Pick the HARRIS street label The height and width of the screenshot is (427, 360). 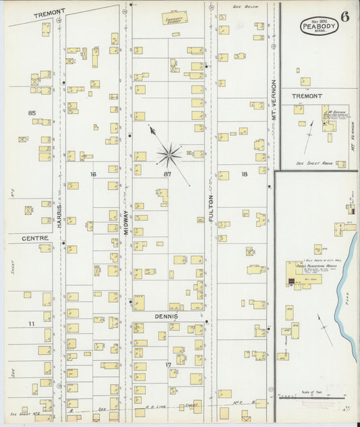click(x=60, y=216)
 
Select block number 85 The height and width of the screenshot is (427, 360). click(x=31, y=112)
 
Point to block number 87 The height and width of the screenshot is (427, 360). click(x=168, y=174)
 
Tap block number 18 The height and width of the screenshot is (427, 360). click(x=244, y=174)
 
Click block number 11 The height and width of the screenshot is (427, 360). click(x=31, y=324)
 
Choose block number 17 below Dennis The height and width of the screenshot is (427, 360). click(x=168, y=365)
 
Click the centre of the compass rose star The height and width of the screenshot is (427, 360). click(x=169, y=155)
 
